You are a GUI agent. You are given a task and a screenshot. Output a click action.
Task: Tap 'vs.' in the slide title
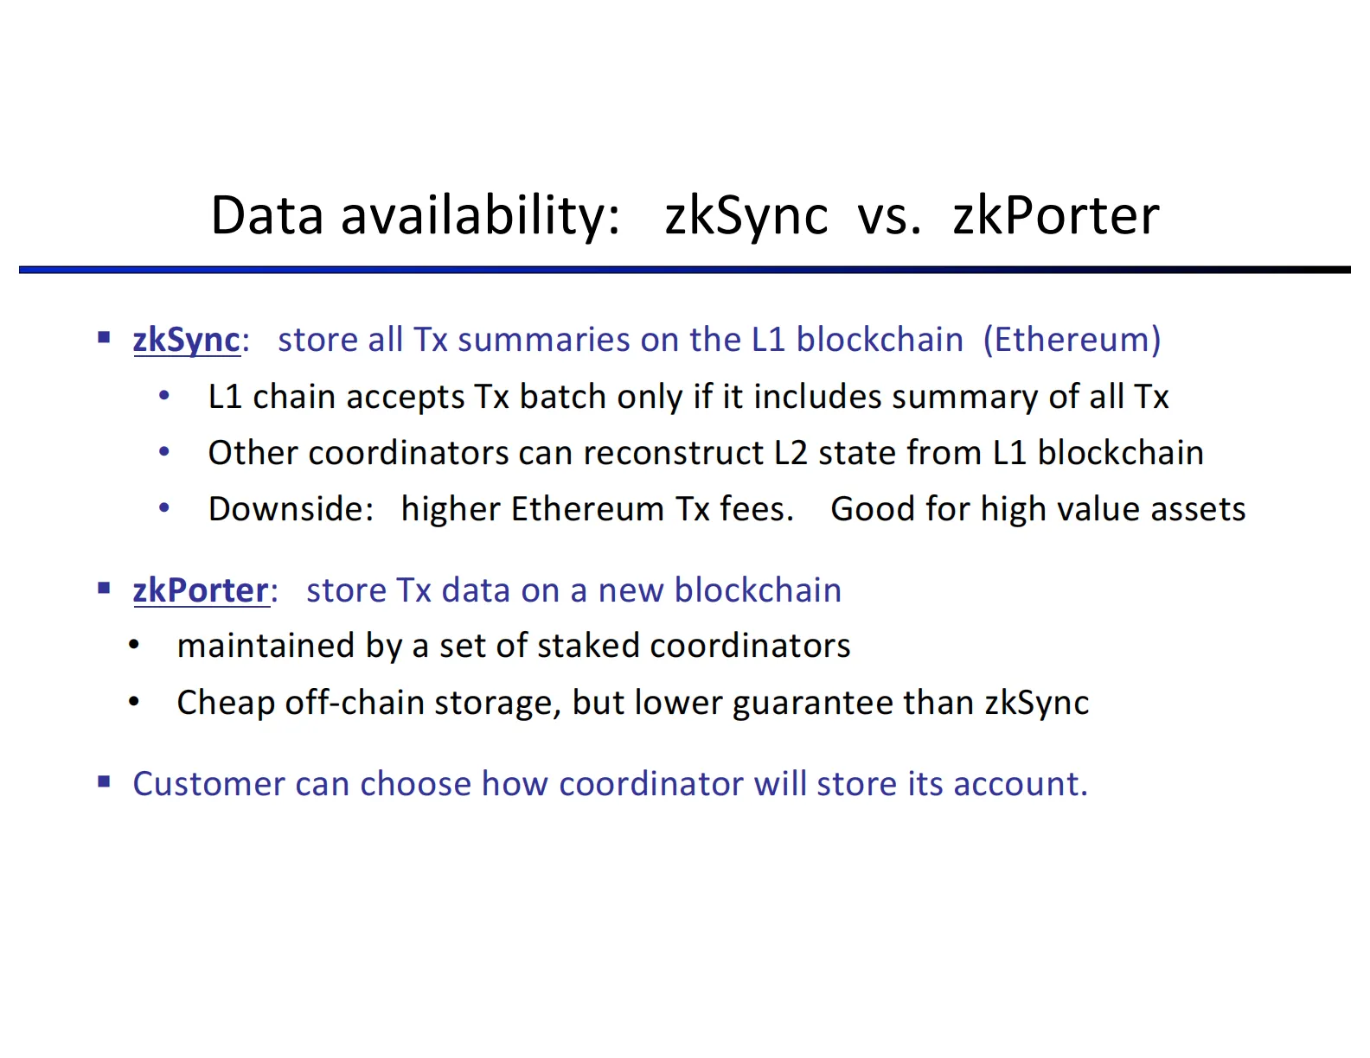point(888,215)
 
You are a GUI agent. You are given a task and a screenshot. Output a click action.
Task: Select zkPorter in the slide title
point(1055,215)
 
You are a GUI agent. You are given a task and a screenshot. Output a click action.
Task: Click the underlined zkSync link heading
point(186,340)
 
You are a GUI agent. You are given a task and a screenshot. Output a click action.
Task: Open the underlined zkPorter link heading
point(201,590)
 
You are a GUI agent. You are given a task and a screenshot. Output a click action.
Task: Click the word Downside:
point(291,509)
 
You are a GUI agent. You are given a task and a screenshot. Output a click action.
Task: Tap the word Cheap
point(225,703)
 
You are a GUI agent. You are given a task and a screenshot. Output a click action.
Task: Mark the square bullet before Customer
point(105,782)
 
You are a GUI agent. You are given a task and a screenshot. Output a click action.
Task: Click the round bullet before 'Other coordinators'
point(164,451)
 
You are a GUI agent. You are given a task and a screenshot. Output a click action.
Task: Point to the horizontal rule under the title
point(684,271)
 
